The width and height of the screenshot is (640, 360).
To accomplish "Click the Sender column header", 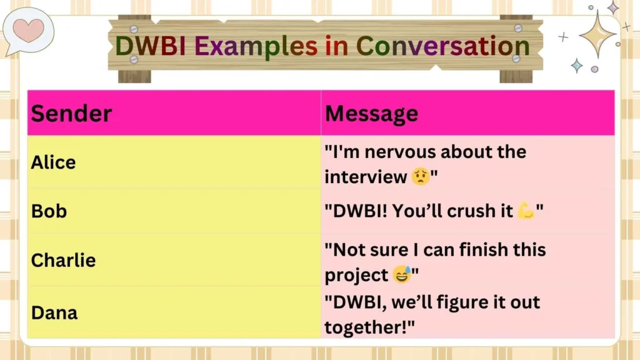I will [x=71, y=114].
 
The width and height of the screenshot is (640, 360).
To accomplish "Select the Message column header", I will [x=371, y=114].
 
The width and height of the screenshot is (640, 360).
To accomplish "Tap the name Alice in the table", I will [x=53, y=162].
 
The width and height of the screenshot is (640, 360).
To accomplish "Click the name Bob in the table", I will [x=49, y=211].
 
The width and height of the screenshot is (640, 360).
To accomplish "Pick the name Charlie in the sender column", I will [x=63, y=260].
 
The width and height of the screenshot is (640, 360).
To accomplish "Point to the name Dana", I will [x=54, y=312].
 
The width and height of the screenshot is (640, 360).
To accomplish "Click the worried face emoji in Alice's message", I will [x=420, y=177].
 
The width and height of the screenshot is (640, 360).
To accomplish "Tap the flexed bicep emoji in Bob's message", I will [x=526, y=211].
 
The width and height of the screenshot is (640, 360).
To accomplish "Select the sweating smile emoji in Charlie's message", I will [x=402, y=274].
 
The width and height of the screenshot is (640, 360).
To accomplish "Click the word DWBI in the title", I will [x=151, y=47].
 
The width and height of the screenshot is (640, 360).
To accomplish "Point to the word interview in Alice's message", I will [x=366, y=177].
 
